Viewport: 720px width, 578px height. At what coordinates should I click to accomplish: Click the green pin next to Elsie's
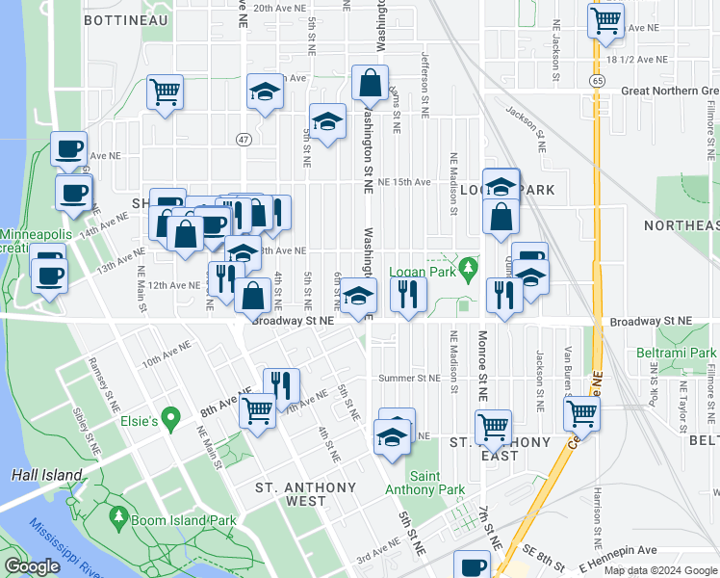[x=171, y=419]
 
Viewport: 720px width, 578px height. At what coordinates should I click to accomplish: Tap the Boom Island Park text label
[x=183, y=520]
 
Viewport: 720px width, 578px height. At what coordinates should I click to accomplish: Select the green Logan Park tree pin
[x=468, y=266]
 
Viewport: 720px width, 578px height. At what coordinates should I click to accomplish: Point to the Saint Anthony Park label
[x=438, y=484]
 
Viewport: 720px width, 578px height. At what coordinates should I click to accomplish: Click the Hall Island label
[x=39, y=475]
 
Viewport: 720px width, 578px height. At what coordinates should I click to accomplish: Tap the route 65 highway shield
[x=599, y=83]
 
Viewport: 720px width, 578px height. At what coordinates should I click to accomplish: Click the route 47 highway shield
[x=243, y=140]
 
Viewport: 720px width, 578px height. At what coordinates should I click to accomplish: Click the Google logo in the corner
[x=32, y=566]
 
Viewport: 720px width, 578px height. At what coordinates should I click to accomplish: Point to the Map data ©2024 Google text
[x=659, y=570]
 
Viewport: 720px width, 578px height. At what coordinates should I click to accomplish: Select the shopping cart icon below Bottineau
[x=165, y=92]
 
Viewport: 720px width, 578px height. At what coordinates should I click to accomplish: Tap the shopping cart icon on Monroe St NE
[x=493, y=425]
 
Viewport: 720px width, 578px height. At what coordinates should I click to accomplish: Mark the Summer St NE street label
[x=408, y=378]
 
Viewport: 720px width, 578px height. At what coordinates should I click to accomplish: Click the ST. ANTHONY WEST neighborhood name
[x=306, y=494]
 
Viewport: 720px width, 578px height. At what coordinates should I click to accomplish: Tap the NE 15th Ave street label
[x=403, y=181]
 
